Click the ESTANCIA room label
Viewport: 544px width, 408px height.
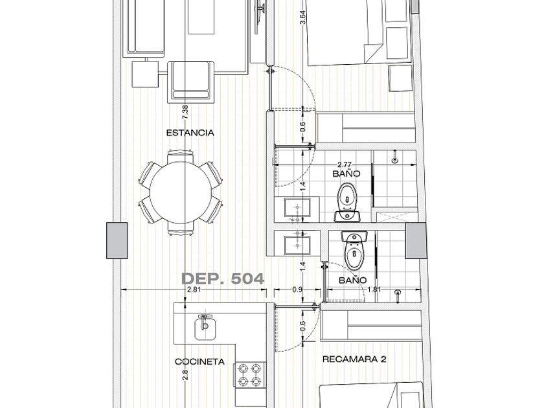(x=190, y=133)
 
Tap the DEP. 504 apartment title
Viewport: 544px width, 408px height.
(x=223, y=278)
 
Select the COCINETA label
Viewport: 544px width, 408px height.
(x=200, y=362)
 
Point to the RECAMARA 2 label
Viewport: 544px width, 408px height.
(x=354, y=359)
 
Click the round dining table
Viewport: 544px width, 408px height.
(x=181, y=192)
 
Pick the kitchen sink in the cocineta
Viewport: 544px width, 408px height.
(x=205, y=327)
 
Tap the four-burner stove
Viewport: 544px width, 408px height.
(x=250, y=375)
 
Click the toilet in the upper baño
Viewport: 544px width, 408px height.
(x=347, y=202)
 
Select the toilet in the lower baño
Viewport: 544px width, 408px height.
(x=354, y=250)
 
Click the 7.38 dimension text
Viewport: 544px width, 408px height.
(x=185, y=112)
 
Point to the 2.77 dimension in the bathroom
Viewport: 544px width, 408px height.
(x=344, y=164)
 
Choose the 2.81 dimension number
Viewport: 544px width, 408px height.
(x=194, y=289)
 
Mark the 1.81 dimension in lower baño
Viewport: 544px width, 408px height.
(x=374, y=289)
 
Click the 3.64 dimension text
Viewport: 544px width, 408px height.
(x=302, y=17)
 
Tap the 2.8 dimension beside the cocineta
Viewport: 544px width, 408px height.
(x=185, y=375)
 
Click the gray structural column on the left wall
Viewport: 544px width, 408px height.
(x=117, y=240)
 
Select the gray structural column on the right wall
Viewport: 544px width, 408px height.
(x=416, y=240)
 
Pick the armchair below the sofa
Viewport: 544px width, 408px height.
(x=191, y=82)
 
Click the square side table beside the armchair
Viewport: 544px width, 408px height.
(x=145, y=74)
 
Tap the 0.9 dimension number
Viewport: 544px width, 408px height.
(x=297, y=289)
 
